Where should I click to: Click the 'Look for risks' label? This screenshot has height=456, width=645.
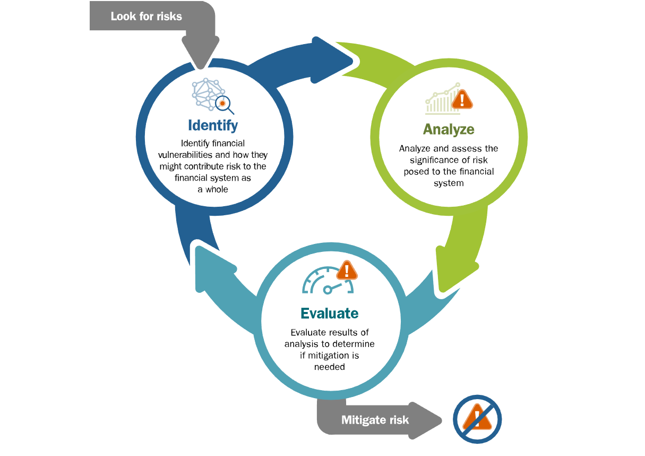click(x=146, y=16)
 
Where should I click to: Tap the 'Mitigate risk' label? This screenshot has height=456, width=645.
click(x=375, y=420)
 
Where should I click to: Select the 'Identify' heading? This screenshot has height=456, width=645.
click(x=213, y=125)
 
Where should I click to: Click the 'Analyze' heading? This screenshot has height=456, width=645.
click(x=449, y=129)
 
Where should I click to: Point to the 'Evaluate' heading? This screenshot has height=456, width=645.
click(x=329, y=313)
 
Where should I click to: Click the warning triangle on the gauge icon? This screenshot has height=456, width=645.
click(x=347, y=271)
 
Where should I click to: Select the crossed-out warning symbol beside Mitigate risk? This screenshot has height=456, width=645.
click(x=477, y=419)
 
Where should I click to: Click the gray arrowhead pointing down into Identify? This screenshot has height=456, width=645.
click(x=200, y=53)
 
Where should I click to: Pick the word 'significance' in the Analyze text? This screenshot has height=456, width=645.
click(x=434, y=160)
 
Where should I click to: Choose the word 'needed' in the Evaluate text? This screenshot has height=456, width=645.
click(x=329, y=367)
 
